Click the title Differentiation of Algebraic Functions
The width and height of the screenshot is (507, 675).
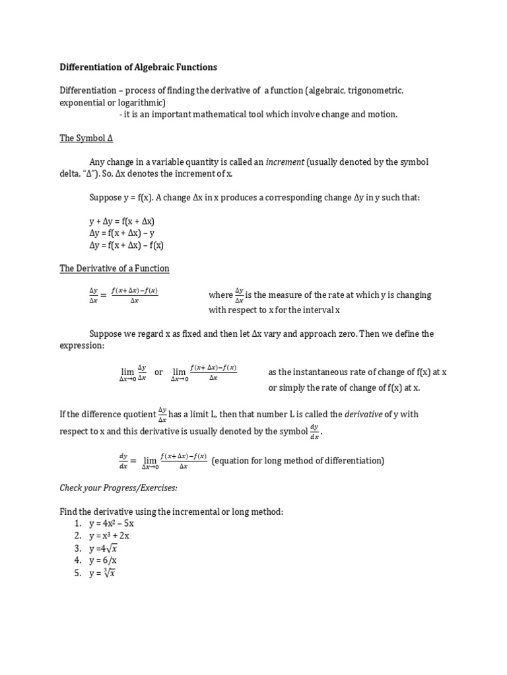coord(138,67)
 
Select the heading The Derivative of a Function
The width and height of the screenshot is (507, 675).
coord(114,268)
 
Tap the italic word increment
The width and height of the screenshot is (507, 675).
coord(285,162)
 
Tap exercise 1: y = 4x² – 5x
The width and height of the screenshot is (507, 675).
coord(112,523)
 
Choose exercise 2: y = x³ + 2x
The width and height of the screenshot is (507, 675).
coord(112,536)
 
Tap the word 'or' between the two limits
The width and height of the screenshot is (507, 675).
coord(158,372)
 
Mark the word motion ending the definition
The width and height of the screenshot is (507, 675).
coord(382,114)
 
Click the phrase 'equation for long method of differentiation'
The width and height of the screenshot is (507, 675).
coord(298,461)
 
